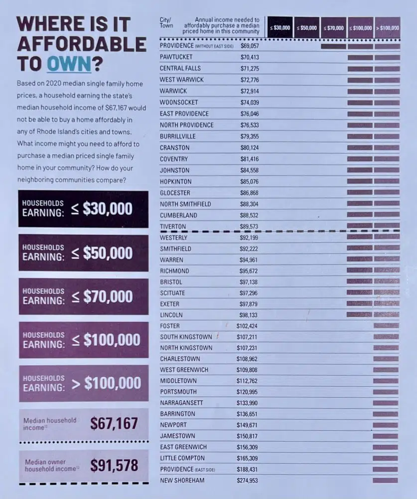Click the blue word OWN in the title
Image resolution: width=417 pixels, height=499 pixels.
pyautogui.click(x=69, y=63)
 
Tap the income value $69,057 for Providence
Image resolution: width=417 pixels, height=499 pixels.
pyautogui.click(x=250, y=46)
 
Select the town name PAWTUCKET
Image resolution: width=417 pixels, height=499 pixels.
pyautogui.click(x=176, y=57)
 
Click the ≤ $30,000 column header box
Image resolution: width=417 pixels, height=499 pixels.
pyautogui.click(x=280, y=27)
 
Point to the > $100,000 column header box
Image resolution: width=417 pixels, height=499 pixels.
pyautogui.click(x=388, y=27)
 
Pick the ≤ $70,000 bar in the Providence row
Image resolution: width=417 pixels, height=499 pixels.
pyautogui.click(x=333, y=46)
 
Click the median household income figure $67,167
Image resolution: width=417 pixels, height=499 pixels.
pyautogui.click(x=114, y=423)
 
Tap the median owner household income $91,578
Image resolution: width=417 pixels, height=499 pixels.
pyautogui.click(x=114, y=465)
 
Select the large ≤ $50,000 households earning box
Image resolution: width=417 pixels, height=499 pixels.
pyautogui.click(x=84, y=252)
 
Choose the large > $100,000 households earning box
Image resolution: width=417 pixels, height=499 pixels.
pyautogui.click(x=84, y=383)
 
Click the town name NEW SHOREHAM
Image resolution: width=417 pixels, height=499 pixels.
pyautogui.click(x=182, y=480)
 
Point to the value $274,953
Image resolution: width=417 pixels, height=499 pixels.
pyautogui.click(x=247, y=480)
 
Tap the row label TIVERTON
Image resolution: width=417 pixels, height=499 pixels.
pyautogui.click(x=173, y=227)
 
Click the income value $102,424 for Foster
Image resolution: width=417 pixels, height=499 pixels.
pyautogui.click(x=247, y=326)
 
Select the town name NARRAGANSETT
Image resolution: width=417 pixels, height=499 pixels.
pyautogui.click(x=181, y=403)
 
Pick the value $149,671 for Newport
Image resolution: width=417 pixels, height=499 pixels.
pyautogui.click(x=247, y=425)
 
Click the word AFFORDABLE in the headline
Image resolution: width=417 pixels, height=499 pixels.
pyautogui.click(x=82, y=44)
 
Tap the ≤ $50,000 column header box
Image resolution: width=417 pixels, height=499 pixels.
pyautogui.click(x=307, y=27)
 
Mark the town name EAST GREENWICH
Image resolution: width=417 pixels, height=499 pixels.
pyautogui.click(x=183, y=447)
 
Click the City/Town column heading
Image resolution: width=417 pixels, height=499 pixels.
pyautogui.click(x=166, y=22)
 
